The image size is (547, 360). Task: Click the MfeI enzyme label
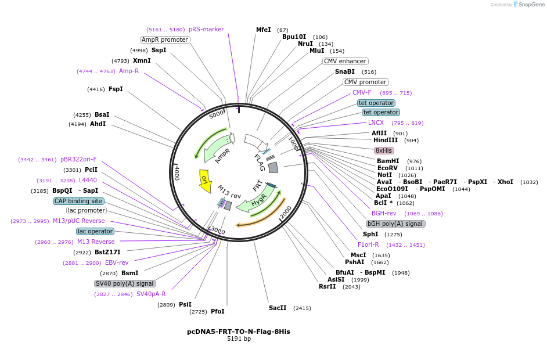point(264,30)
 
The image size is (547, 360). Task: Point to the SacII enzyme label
point(278,308)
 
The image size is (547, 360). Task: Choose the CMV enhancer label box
point(345,61)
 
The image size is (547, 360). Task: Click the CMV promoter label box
point(365,82)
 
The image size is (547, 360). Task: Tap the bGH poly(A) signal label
point(395,224)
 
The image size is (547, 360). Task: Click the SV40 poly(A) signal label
point(125,283)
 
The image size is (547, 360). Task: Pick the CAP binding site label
point(79,201)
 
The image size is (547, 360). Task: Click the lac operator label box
point(95,231)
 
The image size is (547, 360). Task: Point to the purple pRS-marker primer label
point(206,29)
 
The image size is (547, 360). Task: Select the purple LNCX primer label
point(376,123)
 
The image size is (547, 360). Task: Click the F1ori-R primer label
point(368,244)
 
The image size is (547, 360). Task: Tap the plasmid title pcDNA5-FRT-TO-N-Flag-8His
point(238,332)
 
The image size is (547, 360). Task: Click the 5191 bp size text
point(239,339)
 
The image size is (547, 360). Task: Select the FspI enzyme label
point(116,89)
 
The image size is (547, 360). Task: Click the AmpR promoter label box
point(165,39)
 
